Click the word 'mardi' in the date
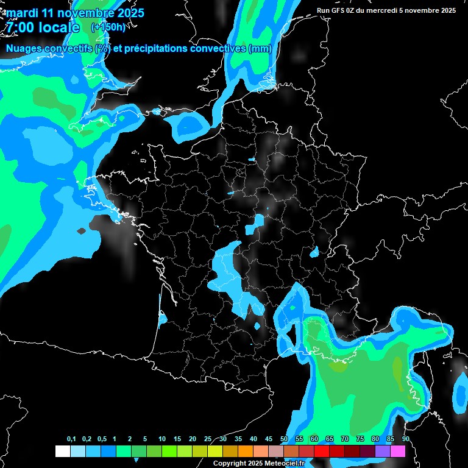(x=22, y=13)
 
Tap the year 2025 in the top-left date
(x=127, y=13)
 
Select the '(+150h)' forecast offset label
(x=108, y=27)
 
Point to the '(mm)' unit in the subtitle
(x=260, y=49)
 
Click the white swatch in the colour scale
(x=62, y=451)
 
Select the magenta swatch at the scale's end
(x=398, y=451)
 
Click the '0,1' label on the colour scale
(x=71, y=439)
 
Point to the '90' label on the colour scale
(x=405, y=439)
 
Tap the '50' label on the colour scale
(x=284, y=439)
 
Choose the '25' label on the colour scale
(x=208, y=439)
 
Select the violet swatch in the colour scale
(x=383, y=451)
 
